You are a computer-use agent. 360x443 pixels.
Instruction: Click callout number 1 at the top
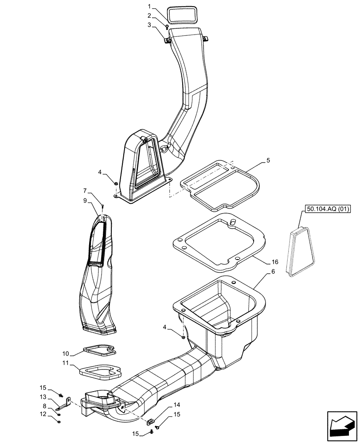click(150, 7)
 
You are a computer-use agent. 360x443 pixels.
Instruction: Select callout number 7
click(85, 191)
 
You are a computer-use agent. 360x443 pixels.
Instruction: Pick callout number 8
click(44, 405)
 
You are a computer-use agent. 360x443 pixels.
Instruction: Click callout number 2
click(150, 16)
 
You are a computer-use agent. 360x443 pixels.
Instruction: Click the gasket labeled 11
click(100, 371)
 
